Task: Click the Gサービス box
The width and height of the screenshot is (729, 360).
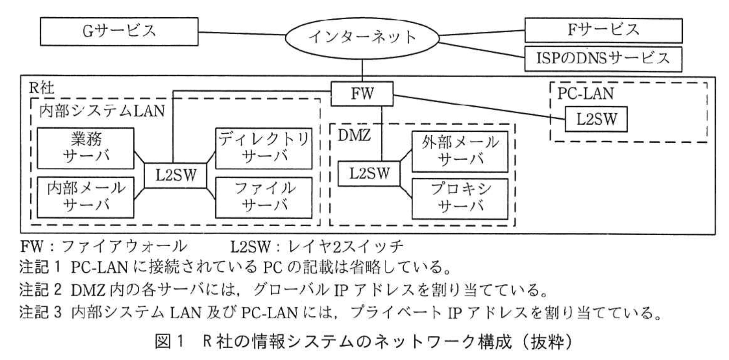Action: (x=119, y=31)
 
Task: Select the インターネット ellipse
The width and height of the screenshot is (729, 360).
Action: (x=362, y=37)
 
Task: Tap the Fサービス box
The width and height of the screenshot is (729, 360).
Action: (x=603, y=30)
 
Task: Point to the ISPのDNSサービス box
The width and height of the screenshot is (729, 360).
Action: (x=603, y=59)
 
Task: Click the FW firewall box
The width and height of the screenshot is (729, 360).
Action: (x=362, y=94)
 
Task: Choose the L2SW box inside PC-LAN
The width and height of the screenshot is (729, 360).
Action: (x=596, y=119)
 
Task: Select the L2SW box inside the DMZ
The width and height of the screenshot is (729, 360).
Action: (x=369, y=173)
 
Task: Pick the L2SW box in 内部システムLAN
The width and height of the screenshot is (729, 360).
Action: (x=175, y=175)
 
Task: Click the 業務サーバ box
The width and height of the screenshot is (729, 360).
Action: (x=86, y=148)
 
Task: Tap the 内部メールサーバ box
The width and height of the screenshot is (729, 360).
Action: (x=86, y=197)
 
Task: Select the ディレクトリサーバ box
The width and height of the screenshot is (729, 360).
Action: (x=264, y=148)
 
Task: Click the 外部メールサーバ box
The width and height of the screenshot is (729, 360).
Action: (x=459, y=152)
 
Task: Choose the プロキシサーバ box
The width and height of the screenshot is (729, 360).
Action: (x=459, y=198)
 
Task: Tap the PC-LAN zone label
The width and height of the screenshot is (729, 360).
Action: (x=585, y=94)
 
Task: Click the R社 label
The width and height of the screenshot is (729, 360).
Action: (x=42, y=87)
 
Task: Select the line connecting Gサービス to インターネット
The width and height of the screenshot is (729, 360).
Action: (x=241, y=33)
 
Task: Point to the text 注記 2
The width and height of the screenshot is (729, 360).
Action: (x=41, y=290)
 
